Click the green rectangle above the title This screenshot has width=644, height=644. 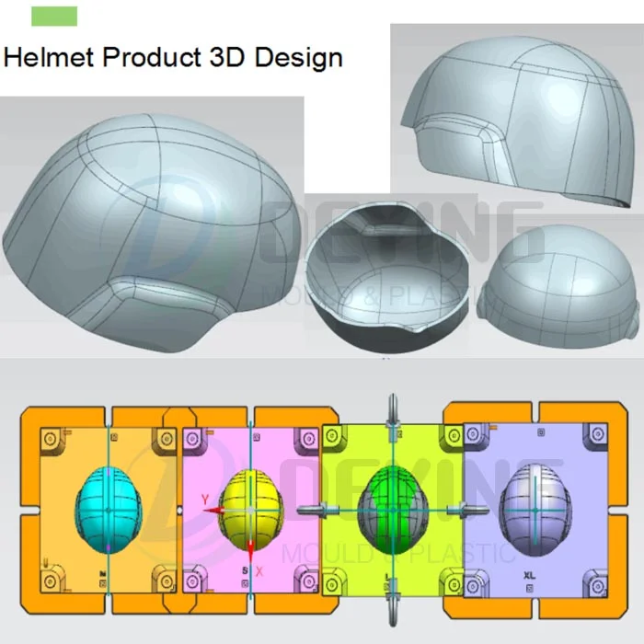pos(54,16)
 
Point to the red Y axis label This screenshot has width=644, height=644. pos(205,500)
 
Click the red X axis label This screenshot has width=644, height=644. pos(260,571)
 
